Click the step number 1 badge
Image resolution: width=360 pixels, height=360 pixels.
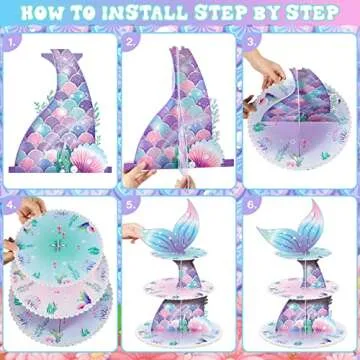tap(13, 42)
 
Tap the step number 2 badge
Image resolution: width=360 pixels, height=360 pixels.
tap(132, 42)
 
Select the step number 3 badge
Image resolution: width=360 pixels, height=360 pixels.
tap(250, 42)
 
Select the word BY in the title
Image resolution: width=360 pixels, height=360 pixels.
tap(258, 13)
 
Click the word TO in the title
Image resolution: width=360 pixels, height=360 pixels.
tap(85, 13)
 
